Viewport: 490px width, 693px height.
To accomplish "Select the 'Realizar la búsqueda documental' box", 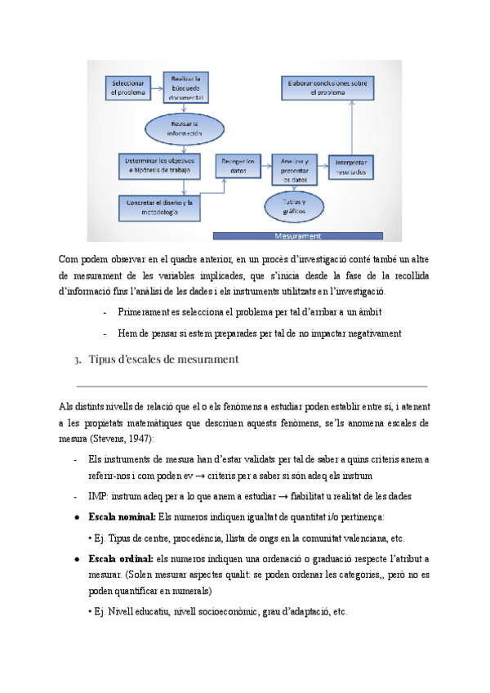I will coord(186,87).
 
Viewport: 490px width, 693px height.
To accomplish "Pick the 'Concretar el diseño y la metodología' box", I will coord(158,207).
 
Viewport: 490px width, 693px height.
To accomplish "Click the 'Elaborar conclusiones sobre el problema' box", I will coord(327,87).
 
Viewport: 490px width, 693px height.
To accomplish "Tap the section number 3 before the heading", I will coord(76,359).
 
